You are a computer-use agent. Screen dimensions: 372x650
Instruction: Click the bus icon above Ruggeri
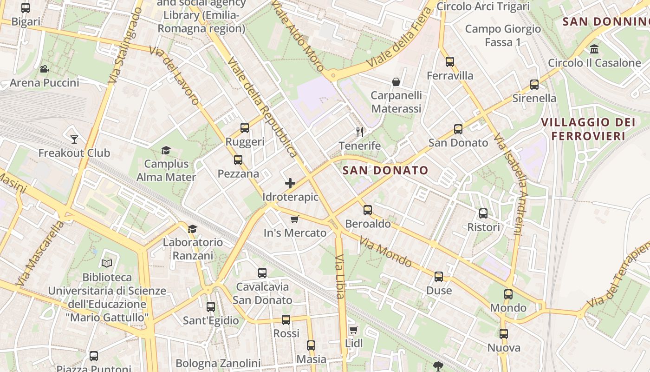pyautogui.click(x=245, y=128)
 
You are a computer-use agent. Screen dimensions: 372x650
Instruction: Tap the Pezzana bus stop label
pyautogui.click(x=238, y=174)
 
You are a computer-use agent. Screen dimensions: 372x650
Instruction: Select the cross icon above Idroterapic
pyautogui.click(x=290, y=183)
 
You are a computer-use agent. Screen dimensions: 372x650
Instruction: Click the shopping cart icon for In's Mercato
pyautogui.click(x=294, y=219)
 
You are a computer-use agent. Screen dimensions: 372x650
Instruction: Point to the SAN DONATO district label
pyautogui.click(x=385, y=170)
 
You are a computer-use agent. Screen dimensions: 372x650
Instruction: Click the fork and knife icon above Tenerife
pyautogui.click(x=360, y=132)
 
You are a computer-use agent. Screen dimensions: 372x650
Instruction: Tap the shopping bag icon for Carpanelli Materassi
pyautogui.click(x=396, y=82)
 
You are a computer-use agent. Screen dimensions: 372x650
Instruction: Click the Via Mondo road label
pyautogui.click(x=385, y=252)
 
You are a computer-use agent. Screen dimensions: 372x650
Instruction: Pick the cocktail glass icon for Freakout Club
pyautogui.click(x=74, y=139)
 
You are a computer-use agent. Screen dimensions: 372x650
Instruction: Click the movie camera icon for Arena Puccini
pyautogui.click(x=44, y=69)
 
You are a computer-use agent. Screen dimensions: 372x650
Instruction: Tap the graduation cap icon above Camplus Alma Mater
pyautogui.click(x=166, y=150)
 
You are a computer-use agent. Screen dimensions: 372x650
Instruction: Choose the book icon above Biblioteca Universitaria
pyautogui.click(x=107, y=264)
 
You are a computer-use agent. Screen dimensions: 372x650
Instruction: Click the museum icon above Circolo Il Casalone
pyautogui.click(x=594, y=49)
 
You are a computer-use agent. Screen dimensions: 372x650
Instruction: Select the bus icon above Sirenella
pyautogui.click(x=534, y=85)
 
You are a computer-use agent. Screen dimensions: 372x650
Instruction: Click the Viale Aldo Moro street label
pyautogui.click(x=297, y=35)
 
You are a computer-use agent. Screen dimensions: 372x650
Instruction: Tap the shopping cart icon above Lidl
pyautogui.click(x=354, y=330)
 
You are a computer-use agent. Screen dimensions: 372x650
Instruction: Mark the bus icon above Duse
pyautogui.click(x=439, y=277)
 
